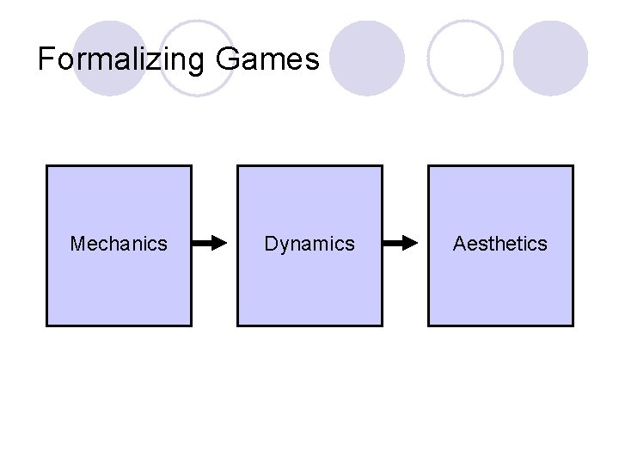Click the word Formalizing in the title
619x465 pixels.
tap(120, 59)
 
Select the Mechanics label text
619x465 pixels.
tap(119, 244)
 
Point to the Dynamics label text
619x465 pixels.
tap(309, 244)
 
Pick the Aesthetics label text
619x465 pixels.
tap(500, 244)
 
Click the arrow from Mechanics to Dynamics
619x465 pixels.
tap(209, 244)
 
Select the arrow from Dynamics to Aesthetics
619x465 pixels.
tap(400, 244)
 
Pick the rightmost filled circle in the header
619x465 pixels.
tap(550, 58)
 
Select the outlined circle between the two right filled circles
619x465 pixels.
tap(465, 58)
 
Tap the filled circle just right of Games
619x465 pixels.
tap(367, 58)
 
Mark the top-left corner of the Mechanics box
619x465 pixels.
tap(46, 166)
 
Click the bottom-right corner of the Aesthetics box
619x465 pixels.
tap(573, 325)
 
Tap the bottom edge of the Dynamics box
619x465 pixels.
tap(309, 325)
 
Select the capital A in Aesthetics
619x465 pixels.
tap(460, 244)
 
